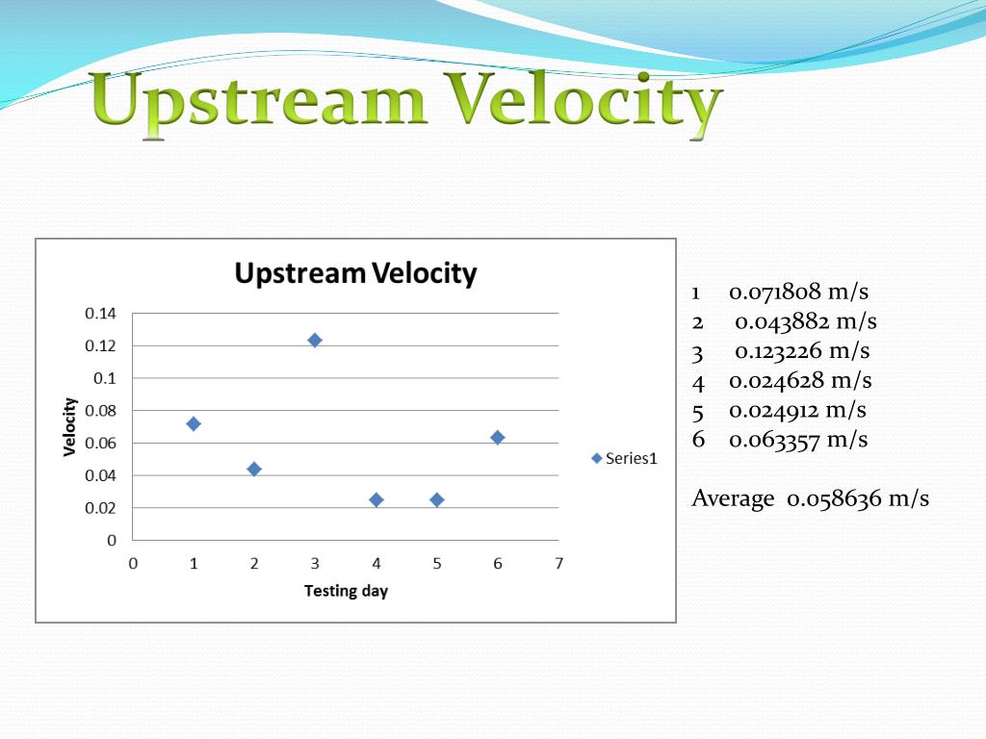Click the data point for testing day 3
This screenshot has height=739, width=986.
[315, 340]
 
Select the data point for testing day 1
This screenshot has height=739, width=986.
[194, 424]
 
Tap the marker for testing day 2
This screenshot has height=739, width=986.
[254, 469]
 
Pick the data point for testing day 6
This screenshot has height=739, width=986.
[498, 438]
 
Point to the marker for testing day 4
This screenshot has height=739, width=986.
[376, 500]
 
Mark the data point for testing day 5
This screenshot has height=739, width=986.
[437, 500]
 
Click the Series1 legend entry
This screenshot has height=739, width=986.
[624, 458]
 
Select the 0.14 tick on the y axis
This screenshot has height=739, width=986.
[100, 313]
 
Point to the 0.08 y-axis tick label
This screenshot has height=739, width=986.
[100, 410]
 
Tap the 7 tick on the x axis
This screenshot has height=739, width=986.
[559, 563]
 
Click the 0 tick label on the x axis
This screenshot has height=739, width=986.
[133, 563]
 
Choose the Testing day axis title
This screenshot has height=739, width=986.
[346, 591]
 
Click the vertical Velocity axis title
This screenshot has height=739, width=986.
[69, 426]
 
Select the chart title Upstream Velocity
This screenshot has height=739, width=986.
[356, 273]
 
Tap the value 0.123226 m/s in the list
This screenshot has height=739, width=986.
[802, 350]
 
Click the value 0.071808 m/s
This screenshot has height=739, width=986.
[798, 292]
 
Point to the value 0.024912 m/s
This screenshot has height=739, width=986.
[797, 410]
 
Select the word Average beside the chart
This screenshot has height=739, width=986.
[733, 498]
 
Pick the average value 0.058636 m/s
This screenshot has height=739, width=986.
[858, 499]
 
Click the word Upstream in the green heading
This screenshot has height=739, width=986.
[258, 102]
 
